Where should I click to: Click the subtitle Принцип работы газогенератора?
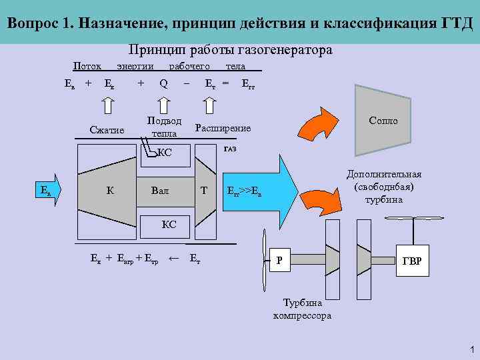click(230, 51)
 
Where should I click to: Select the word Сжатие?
click(107, 129)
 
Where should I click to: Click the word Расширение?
click(223, 127)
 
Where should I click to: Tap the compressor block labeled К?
click(109, 191)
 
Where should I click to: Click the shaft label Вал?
click(160, 191)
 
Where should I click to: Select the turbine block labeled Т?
click(205, 191)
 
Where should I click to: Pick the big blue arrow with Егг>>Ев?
click(260, 191)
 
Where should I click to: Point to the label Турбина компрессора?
click(302, 308)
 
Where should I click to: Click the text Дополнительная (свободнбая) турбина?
click(384, 186)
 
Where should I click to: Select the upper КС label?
click(164, 153)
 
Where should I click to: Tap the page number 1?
click(471, 349)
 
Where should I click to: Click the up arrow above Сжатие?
click(108, 105)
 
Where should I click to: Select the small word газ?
click(230, 148)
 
